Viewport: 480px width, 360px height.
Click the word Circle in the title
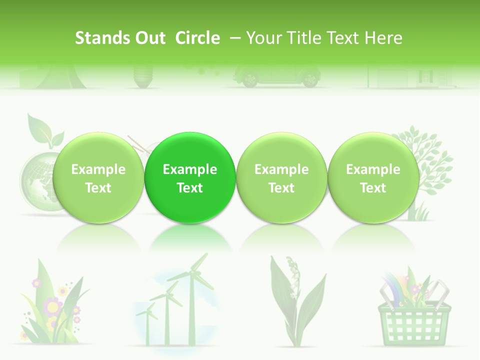pos(197,38)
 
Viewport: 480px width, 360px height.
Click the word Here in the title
pos(383,38)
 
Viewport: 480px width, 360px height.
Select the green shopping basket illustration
pos(414,320)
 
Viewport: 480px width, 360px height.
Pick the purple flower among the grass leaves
pos(52,305)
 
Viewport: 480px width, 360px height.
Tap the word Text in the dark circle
pos(190,188)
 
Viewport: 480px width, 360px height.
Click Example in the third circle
pos(281,169)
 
